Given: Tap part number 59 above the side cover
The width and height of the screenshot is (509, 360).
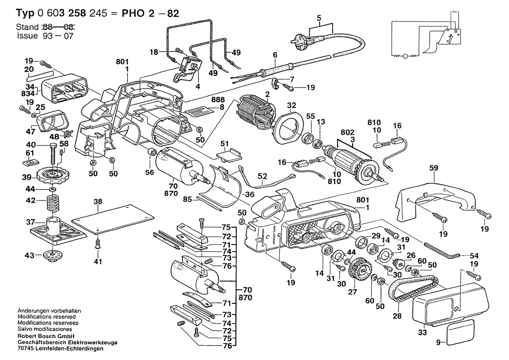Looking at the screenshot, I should point(433,167).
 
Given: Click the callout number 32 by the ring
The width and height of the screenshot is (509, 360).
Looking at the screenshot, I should point(291,105).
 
